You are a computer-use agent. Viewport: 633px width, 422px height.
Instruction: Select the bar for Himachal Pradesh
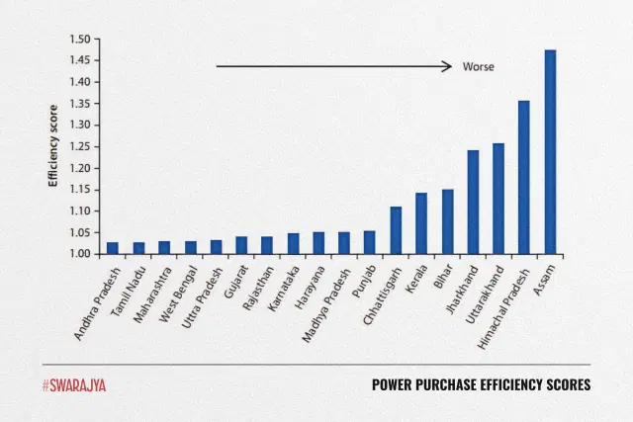pos(524,178)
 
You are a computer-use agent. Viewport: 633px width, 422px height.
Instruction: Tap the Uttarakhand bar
pos(498,199)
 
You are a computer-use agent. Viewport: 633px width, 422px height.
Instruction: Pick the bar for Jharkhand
pos(473,203)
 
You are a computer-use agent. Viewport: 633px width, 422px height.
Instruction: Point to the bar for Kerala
pos(421,223)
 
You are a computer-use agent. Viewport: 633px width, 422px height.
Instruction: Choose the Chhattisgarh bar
pos(396,230)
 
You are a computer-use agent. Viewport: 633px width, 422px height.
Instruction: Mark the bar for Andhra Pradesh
pos(113,248)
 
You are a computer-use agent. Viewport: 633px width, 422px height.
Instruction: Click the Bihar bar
pos(447,221)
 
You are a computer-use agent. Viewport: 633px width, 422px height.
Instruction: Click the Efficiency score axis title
pos(53,146)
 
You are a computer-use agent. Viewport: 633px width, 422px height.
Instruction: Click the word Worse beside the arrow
pos(478,67)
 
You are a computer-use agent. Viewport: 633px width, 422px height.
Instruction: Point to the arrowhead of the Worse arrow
pos(449,67)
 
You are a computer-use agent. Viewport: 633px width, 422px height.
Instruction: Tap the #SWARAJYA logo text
pos(74,384)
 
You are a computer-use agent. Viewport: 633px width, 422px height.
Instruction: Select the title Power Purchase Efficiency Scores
pos(481,384)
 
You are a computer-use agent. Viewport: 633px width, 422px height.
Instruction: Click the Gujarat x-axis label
pos(233,281)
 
